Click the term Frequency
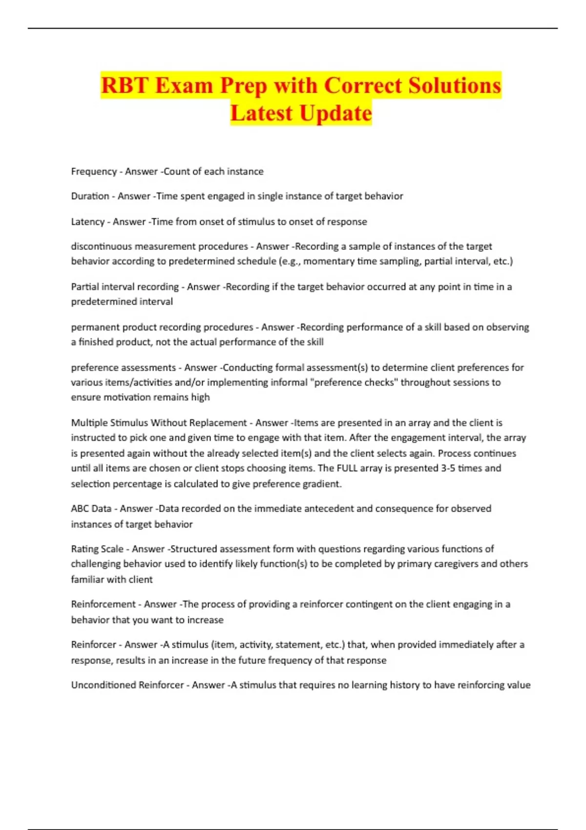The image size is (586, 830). tap(94, 171)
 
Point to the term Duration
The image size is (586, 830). tap(90, 196)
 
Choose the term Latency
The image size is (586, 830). tap(87, 222)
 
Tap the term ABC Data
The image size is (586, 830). tap(91, 509)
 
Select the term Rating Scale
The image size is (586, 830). tap(97, 549)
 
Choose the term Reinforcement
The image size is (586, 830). tap(103, 604)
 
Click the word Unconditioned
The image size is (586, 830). tap(103, 685)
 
